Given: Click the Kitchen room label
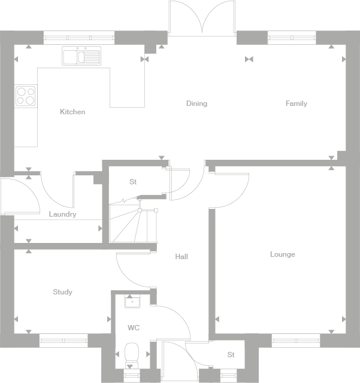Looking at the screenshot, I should point(72,112).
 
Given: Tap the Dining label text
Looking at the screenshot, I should point(196,104).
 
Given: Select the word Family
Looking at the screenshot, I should point(296,104).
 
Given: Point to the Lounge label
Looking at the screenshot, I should point(282,254).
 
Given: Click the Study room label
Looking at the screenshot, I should point(62,292).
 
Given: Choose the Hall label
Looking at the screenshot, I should point(181,257).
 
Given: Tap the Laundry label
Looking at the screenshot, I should point(62,214).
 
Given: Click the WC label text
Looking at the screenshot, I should point(134,328).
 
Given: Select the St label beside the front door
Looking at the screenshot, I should point(231,355).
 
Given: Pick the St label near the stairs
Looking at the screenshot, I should point(133,182).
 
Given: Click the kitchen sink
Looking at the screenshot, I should point(81,57).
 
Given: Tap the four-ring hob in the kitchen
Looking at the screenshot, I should point(26,96).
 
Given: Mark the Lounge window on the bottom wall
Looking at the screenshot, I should point(295,340).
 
